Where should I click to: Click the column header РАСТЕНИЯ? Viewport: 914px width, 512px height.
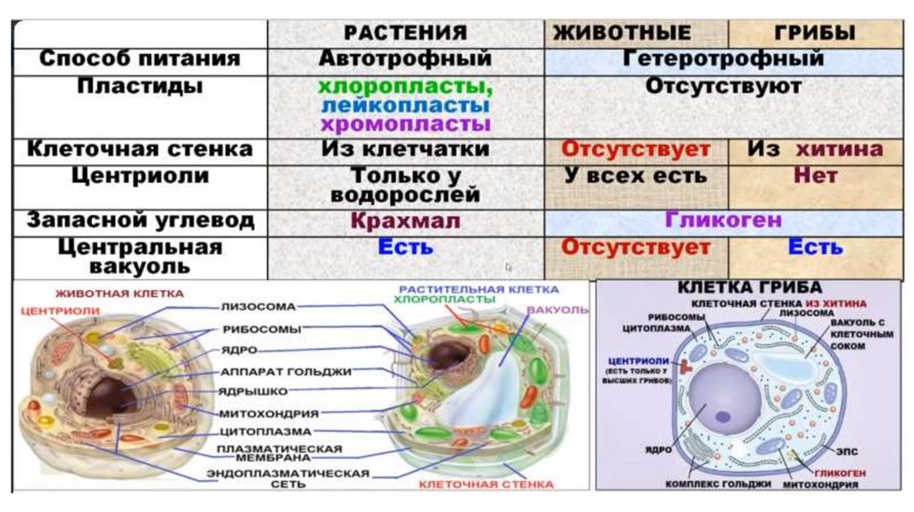pyautogui.click(x=406, y=34)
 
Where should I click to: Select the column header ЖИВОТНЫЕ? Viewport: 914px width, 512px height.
pyautogui.click(x=622, y=34)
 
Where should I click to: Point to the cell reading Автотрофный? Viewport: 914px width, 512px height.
pyautogui.click(x=406, y=59)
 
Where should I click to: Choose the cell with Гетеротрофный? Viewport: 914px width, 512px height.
pyautogui.click(x=723, y=59)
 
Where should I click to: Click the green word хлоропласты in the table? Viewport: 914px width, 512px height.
pyautogui.click(x=406, y=87)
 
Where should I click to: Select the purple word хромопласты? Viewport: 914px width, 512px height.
pyautogui.click(x=406, y=124)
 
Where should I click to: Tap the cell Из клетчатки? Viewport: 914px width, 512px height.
pyautogui.click(x=406, y=149)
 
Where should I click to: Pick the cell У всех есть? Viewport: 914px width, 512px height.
pyautogui.click(x=636, y=175)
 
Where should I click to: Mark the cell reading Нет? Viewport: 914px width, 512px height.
pyautogui.click(x=816, y=175)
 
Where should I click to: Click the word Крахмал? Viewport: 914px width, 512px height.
pyautogui.click(x=406, y=219)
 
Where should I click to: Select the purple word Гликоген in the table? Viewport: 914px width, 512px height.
pyautogui.click(x=723, y=219)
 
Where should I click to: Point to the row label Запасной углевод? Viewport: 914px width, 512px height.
pyautogui.click(x=140, y=219)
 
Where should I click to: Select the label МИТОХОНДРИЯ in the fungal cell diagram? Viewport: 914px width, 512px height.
pyautogui.click(x=820, y=486)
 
